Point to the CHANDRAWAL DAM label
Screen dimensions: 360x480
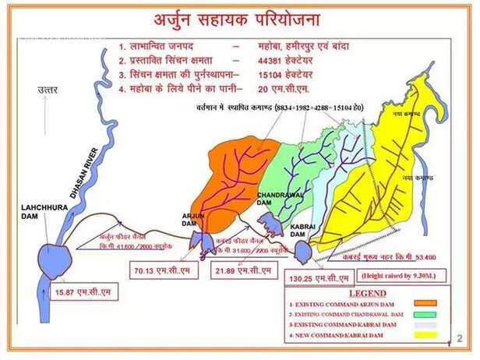click(276, 199)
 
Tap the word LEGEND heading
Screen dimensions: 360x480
click(376, 291)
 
